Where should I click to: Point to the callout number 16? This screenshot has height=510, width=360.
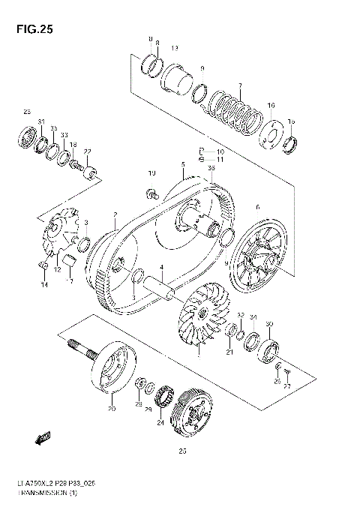coord(271,106)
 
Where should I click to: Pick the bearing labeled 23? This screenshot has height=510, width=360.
coord(27,139)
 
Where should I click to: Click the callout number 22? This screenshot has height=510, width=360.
coord(88,151)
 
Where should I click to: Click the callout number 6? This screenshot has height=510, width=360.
coord(257,207)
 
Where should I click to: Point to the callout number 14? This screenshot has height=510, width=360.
coord(44,285)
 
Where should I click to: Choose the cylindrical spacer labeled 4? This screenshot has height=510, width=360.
coord(160,286)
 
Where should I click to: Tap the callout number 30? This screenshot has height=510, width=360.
coord(269,324)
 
